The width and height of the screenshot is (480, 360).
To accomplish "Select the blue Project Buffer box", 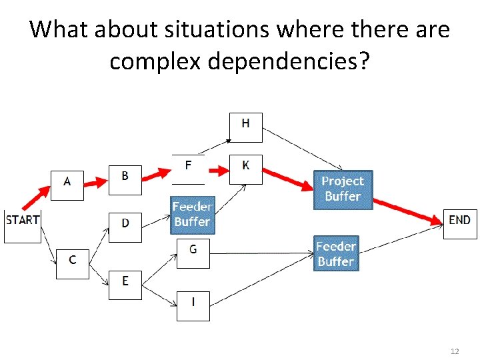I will point(343,189).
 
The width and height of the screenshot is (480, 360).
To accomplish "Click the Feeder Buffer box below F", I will point(192,215).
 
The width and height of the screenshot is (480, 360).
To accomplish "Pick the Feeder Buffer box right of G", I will point(336,253).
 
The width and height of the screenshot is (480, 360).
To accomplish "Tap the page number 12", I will point(455,351).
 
